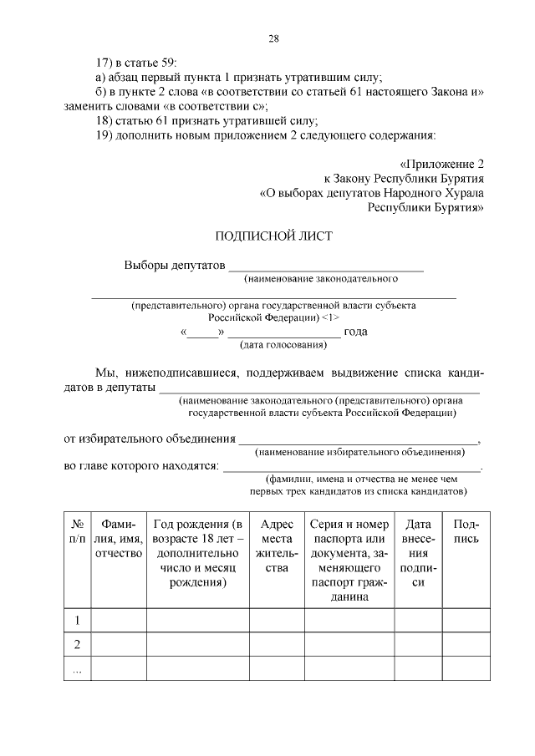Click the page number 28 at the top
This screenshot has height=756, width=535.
tap(273, 38)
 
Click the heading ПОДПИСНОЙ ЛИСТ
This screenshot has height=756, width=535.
tap(273, 236)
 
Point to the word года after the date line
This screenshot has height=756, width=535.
tap(356, 332)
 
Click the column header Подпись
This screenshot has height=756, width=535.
tap(466, 532)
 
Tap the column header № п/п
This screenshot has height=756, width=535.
tap(78, 532)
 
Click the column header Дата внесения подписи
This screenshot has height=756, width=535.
tap(417, 553)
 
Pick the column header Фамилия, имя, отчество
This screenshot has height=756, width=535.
tap(118, 539)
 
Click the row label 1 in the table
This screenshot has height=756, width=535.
tap(78, 620)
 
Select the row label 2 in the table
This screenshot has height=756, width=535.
tap(78, 644)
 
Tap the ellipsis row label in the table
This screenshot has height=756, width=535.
tap(78, 668)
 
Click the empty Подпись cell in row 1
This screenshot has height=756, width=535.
tap(466, 620)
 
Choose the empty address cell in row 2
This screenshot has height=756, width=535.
tap(276, 644)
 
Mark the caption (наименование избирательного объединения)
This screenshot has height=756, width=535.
tap(359, 452)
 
